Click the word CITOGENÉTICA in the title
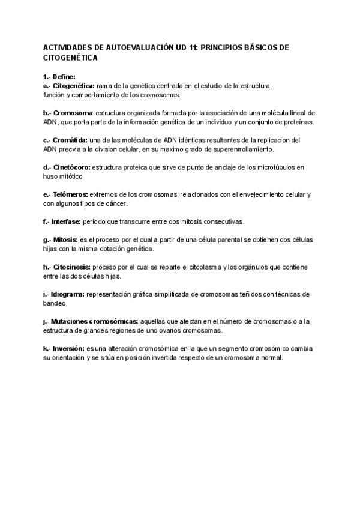tap(70, 59)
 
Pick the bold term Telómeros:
tap(71, 194)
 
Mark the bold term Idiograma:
tap(69, 294)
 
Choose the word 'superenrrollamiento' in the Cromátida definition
tap(239, 149)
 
